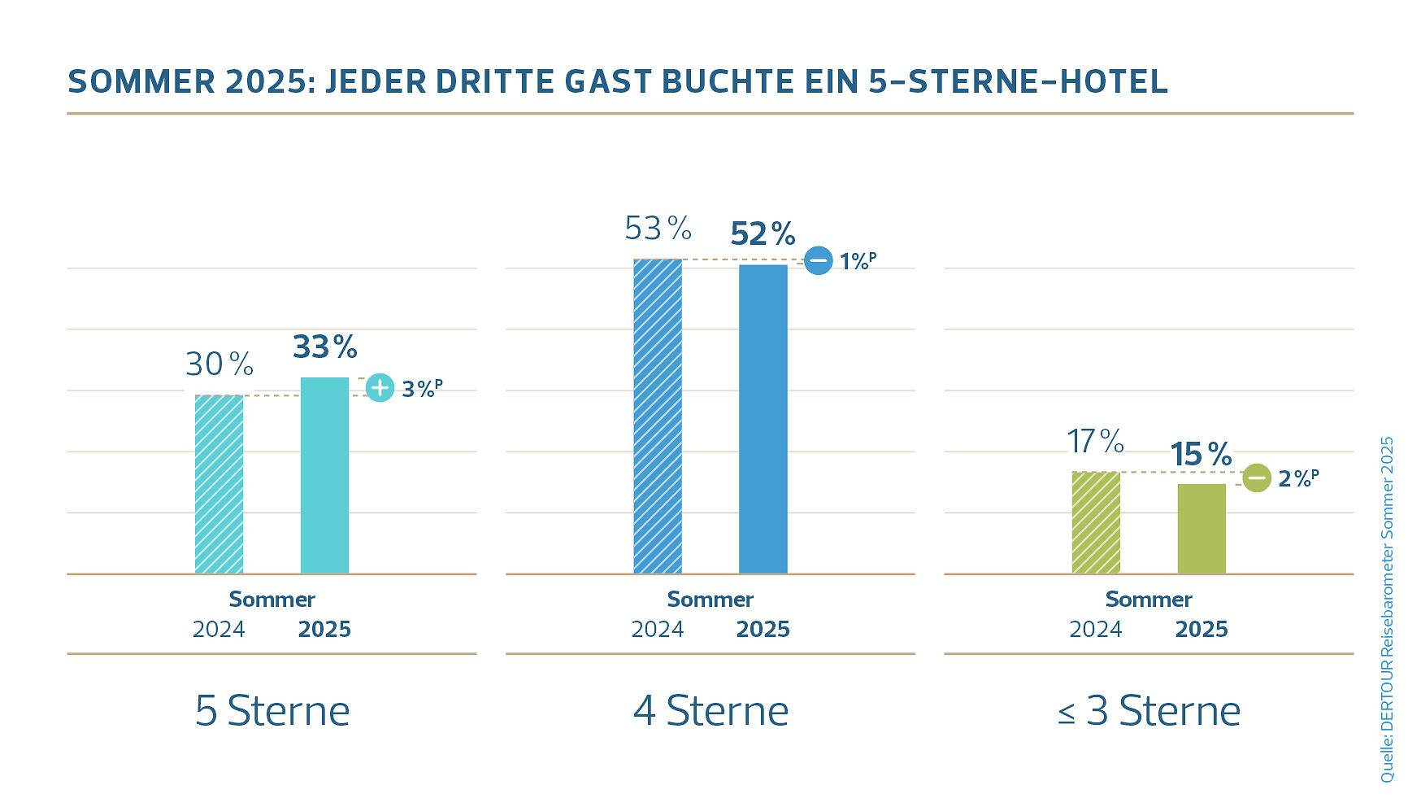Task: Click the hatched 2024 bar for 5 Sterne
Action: click(x=219, y=484)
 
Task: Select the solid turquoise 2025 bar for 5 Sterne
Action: click(x=324, y=475)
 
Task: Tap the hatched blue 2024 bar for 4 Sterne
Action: click(x=658, y=416)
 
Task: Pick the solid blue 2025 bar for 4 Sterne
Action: click(x=763, y=419)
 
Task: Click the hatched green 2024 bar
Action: click(x=1096, y=522)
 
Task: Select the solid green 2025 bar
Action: click(x=1202, y=529)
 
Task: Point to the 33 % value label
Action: click(x=325, y=347)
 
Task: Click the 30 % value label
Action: click(x=219, y=364)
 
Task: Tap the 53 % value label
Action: click(x=658, y=229)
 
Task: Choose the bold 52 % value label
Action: click(x=763, y=234)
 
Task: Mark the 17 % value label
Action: click(x=1095, y=442)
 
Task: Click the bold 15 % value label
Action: click(x=1201, y=455)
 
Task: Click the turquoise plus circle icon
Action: click(x=380, y=388)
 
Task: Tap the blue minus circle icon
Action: click(x=819, y=260)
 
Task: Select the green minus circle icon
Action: click(x=1257, y=478)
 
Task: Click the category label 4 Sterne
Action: click(x=710, y=711)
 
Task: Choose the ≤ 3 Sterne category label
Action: click(x=1149, y=711)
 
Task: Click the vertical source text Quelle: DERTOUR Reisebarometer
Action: click(x=1387, y=610)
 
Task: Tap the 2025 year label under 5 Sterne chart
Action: click(x=324, y=630)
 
